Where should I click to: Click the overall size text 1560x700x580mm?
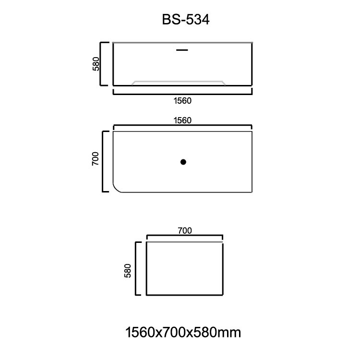click(x=182, y=332)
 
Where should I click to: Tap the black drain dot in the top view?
click(x=183, y=162)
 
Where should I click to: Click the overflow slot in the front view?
click(x=182, y=49)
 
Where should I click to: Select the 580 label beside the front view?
click(x=96, y=64)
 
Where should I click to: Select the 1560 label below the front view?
click(x=182, y=101)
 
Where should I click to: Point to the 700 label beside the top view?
click(x=96, y=158)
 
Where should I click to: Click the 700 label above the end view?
click(x=185, y=231)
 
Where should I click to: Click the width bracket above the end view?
click(x=185, y=237)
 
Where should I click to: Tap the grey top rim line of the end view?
click(x=185, y=243)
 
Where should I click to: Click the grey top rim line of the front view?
click(x=182, y=43)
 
